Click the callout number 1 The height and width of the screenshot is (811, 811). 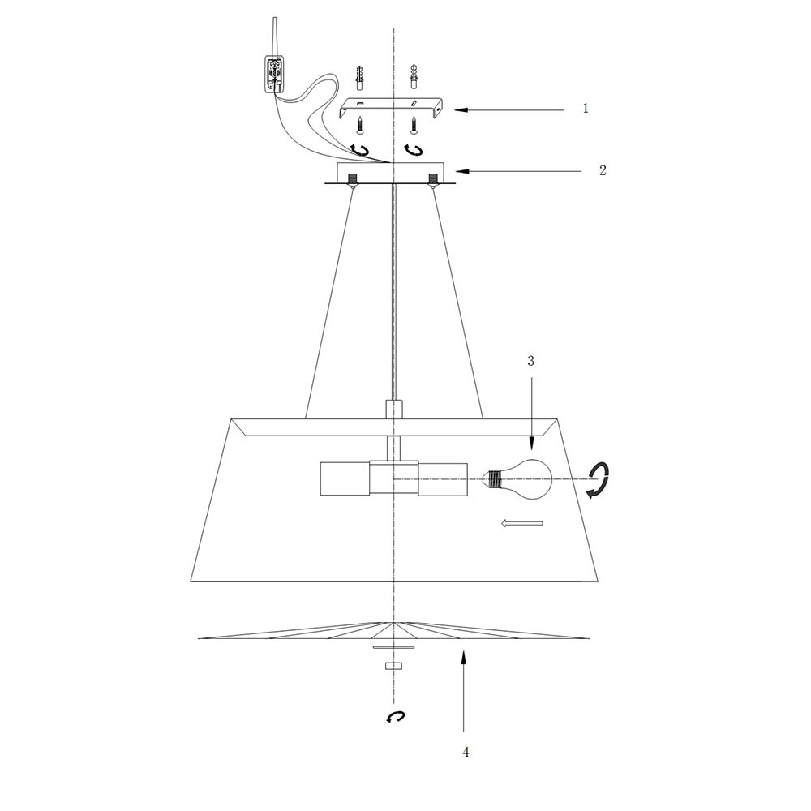586,109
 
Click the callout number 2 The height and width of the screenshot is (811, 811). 603,170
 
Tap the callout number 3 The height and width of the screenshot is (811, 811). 530,361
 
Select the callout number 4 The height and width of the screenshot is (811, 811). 466,753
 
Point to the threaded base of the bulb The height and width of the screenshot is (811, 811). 492,479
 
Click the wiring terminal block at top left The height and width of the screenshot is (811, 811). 274,74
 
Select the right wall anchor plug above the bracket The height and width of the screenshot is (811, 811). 414,76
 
